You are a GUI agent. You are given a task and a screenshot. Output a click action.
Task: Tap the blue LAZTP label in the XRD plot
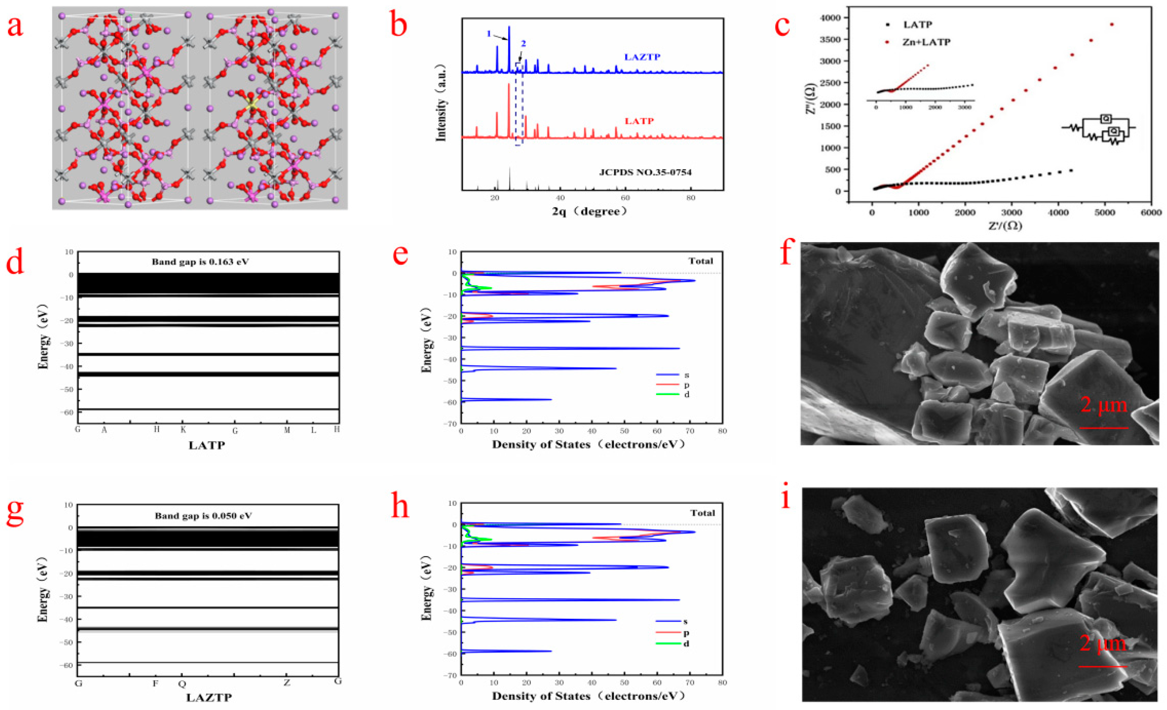[x=642, y=57]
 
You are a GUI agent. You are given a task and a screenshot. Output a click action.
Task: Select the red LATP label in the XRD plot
[x=639, y=121]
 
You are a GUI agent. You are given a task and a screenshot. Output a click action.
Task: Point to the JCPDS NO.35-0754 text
[x=645, y=172]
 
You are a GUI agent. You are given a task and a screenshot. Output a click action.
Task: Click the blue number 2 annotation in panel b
[x=523, y=44]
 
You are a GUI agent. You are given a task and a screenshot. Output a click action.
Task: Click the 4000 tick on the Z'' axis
[x=831, y=18]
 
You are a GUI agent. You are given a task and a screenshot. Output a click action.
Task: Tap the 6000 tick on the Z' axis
[x=1151, y=213]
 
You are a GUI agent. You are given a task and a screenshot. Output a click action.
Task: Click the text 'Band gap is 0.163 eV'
[x=200, y=262]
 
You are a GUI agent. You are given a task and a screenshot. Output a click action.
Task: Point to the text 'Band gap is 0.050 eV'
[x=203, y=516]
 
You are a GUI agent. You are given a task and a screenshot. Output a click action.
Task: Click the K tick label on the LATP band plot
[x=183, y=430]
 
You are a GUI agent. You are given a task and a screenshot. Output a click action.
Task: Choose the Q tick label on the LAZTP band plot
[x=182, y=684]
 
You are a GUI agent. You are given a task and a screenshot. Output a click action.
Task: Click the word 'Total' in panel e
[x=701, y=261]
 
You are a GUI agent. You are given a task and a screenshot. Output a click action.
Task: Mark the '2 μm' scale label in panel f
[x=1103, y=405]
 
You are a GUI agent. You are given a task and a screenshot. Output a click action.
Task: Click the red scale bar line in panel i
[x=1103, y=666]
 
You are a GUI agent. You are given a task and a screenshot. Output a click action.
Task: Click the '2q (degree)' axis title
[x=590, y=211]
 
